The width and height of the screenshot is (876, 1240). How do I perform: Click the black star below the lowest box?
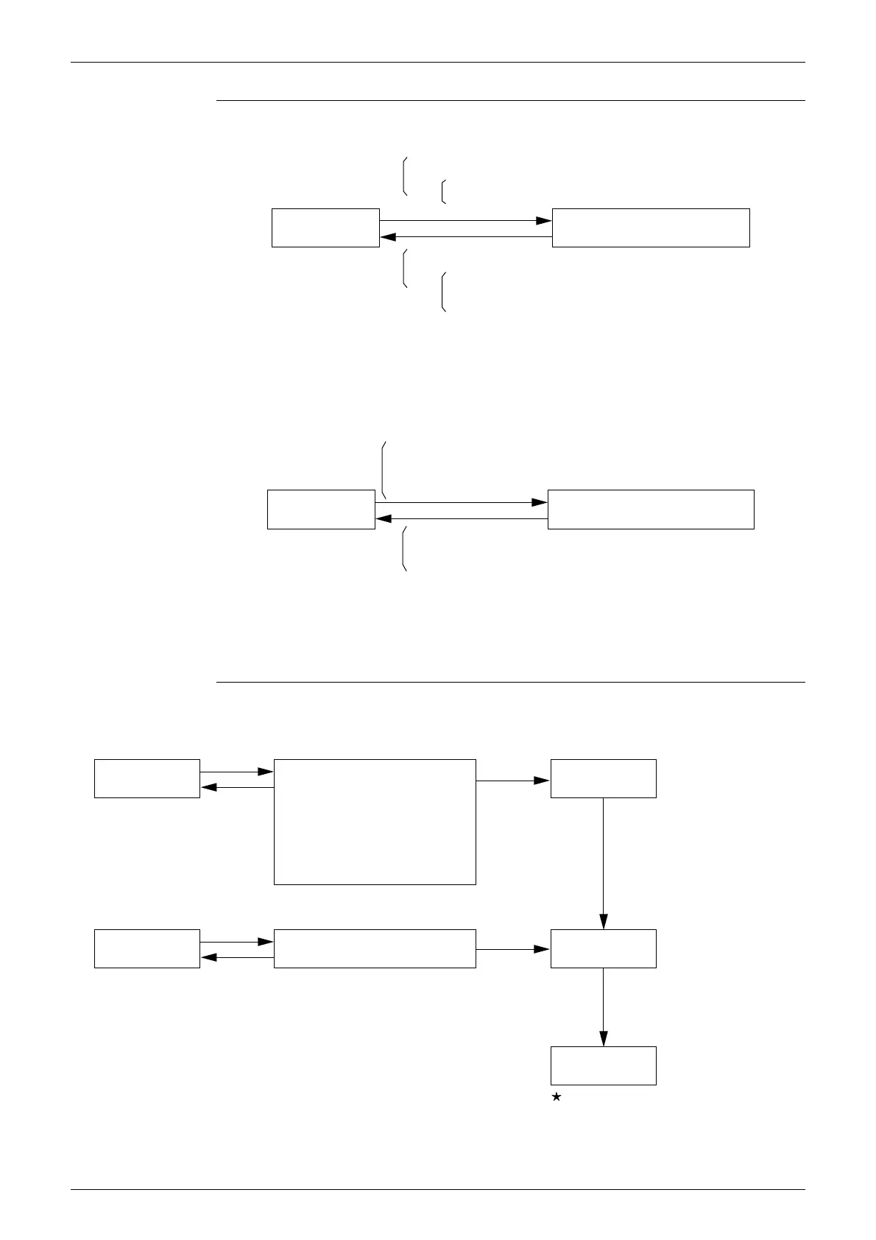click(x=557, y=1097)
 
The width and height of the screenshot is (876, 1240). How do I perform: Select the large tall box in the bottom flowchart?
click(x=375, y=821)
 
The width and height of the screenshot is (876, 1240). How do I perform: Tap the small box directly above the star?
click(x=603, y=1065)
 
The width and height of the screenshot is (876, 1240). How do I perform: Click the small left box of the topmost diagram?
click(x=325, y=228)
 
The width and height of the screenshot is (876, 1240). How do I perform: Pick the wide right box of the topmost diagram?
click(x=651, y=228)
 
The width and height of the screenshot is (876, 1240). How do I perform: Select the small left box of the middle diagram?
click(x=321, y=509)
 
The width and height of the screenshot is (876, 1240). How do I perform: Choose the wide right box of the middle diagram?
click(x=651, y=509)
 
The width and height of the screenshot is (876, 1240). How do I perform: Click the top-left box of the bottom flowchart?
click(x=147, y=778)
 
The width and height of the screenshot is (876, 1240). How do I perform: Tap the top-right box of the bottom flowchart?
click(x=603, y=778)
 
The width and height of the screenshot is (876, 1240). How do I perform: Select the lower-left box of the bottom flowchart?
click(x=147, y=948)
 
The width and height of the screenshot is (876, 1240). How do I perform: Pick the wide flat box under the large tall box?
click(x=375, y=948)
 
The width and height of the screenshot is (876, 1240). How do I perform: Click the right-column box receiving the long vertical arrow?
click(x=603, y=948)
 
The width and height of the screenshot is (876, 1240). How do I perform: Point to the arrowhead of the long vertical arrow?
click(x=604, y=921)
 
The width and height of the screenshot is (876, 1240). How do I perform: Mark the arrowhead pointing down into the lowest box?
click(x=604, y=1038)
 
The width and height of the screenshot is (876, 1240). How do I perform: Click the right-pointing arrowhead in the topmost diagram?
click(x=544, y=220)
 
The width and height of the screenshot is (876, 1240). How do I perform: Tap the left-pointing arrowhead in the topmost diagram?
click(x=388, y=236)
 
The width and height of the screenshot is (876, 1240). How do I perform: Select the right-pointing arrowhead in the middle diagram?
click(x=540, y=502)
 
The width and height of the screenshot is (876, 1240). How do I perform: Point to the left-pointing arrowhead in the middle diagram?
click(x=384, y=518)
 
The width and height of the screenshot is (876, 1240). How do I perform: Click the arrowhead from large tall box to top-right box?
click(x=542, y=780)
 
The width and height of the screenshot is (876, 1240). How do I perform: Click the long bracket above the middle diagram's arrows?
click(x=384, y=470)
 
